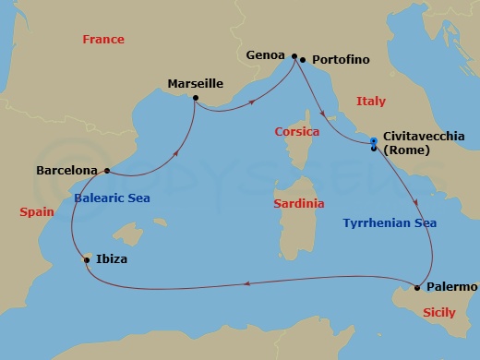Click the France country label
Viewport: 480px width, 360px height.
click(x=103, y=40)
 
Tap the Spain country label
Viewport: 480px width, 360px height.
click(x=38, y=212)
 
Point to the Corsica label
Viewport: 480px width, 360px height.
click(x=297, y=132)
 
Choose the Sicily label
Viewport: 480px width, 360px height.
click(x=438, y=313)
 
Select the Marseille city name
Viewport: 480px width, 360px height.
click(x=197, y=83)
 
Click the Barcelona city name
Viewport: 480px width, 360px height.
click(x=66, y=170)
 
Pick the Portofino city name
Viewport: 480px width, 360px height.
click(x=341, y=60)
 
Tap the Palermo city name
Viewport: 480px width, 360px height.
click(x=452, y=287)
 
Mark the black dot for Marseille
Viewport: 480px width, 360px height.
click(x=196, y=97)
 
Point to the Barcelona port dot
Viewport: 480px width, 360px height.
click(x=108, y=170)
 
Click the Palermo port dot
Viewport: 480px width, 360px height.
click(x=418, y=288)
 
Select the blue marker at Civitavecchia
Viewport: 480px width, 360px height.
click(x=373, y=141)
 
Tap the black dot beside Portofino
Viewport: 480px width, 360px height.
click(x=304, y=60)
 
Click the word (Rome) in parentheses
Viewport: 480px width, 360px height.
click(x=407, y=150)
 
